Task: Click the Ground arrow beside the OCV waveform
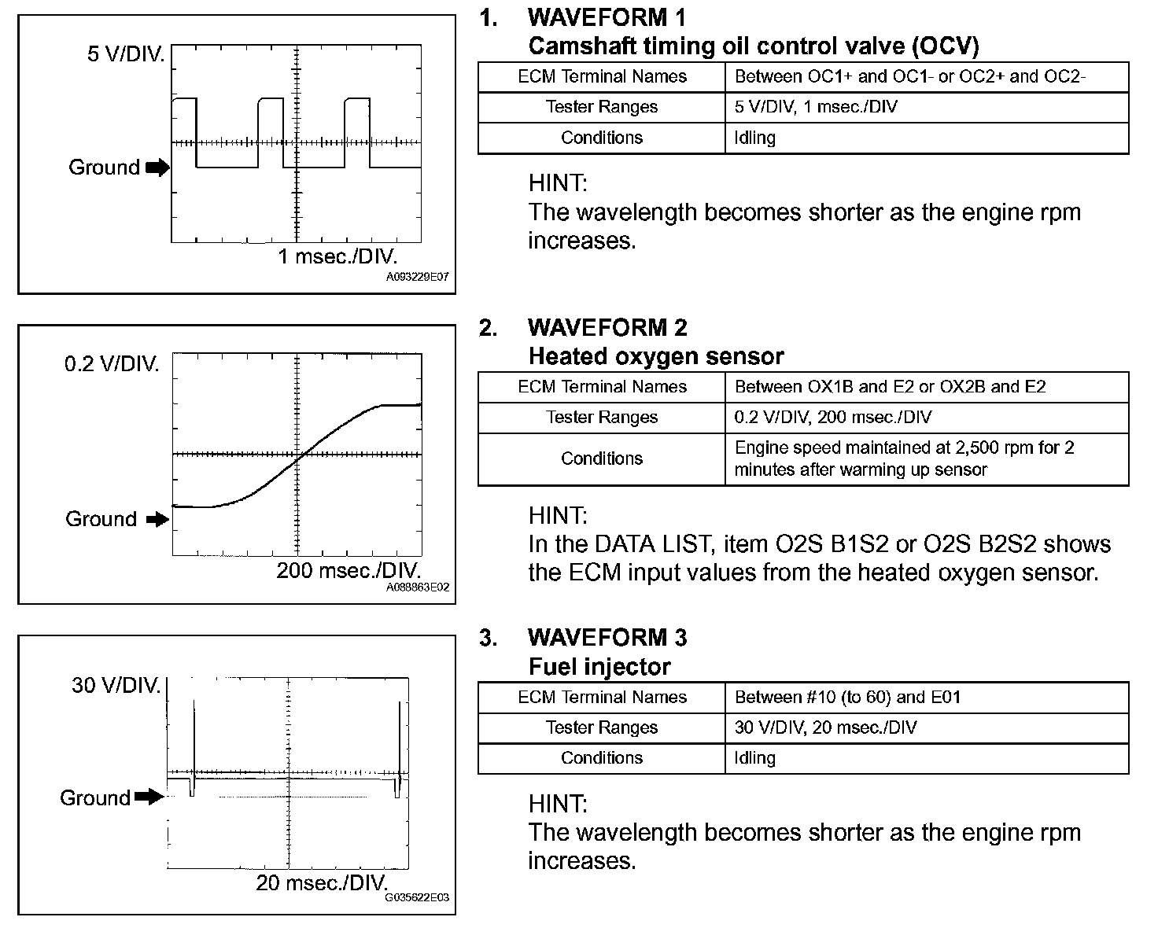click(x=157, y=168)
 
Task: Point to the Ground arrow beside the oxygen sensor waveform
click(x=157, y=519)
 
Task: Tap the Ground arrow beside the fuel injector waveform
click(x=149, y=797)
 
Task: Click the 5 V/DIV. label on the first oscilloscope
click(x=126, y=55)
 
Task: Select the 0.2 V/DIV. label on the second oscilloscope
click(x=112, y=365)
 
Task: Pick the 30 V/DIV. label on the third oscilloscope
click(x=116, y=685)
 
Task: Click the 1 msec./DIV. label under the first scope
click(x=337, y=256)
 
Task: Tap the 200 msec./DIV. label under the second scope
click(x=349, y=570)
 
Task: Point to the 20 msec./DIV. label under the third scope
click(x=322, y=882)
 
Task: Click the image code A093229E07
click(x=417, y=278)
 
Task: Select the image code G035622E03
click(x=417, y=898)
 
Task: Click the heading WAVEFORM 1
click(x=607, y=17)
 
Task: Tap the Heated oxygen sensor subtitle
click(x=656, y=356)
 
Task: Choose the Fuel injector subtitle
click(x=599, y=667)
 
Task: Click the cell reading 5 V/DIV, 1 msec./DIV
click(x=816, y=107)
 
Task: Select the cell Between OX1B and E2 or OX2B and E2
click(x=890, y=387)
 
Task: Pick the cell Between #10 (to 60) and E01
click(x=847, y=698)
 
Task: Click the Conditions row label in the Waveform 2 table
click(x=602, y=458)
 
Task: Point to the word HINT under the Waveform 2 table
click(x=558, y=516)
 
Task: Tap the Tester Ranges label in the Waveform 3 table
click(x=602, y=727)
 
